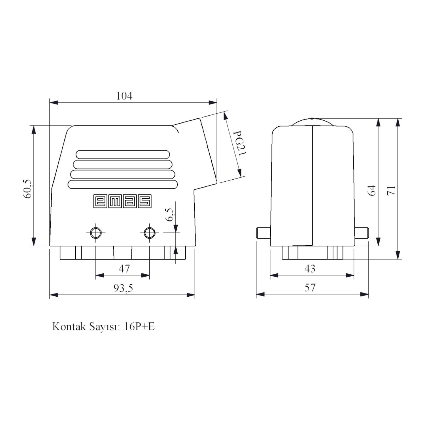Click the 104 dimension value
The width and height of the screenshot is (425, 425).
(x=124, y=96)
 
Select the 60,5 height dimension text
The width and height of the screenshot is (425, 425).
(x=28, y=189)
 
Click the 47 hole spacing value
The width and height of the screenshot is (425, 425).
(x=124, y=268)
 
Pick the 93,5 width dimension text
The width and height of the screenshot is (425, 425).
(x=123, y=288)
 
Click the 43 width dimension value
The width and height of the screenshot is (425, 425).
(x=310, y=268)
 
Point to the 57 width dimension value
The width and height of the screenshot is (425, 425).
(x=310, y=288)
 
